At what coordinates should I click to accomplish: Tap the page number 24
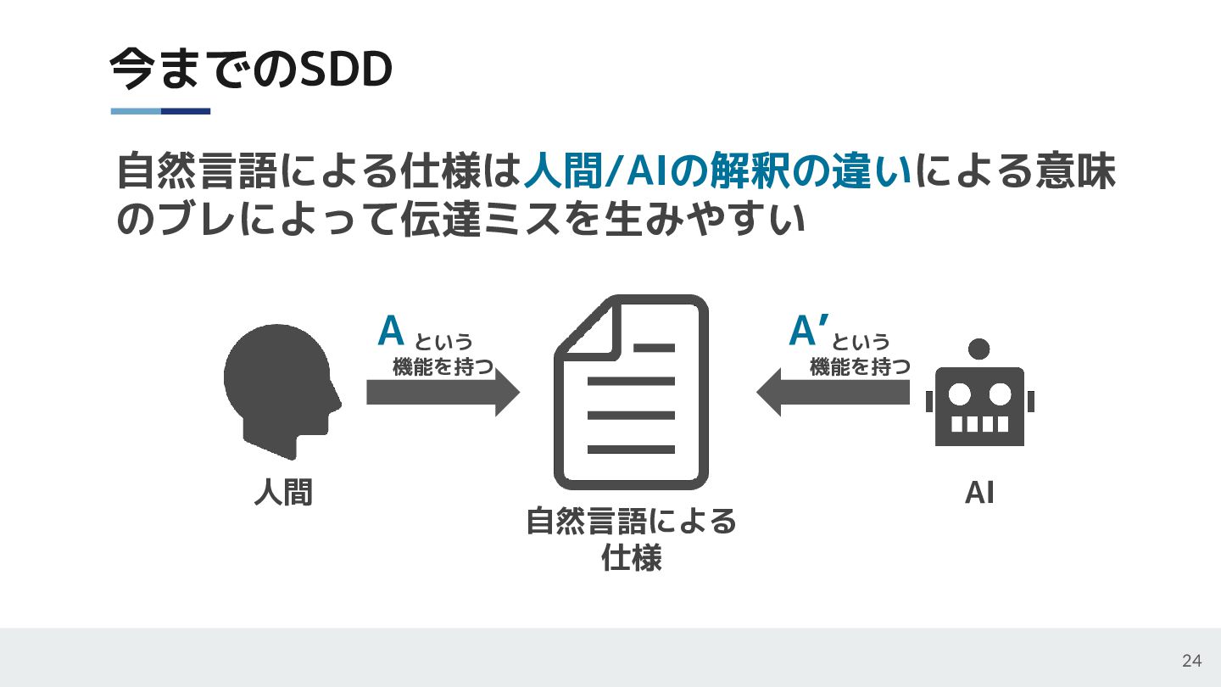1191,662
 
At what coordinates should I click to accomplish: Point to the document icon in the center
631,392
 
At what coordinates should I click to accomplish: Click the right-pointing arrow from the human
442,393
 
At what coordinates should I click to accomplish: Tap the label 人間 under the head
283,492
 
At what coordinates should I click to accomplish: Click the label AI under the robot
979,493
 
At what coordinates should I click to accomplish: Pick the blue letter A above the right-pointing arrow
391,332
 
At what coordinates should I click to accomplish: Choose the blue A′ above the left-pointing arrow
807,332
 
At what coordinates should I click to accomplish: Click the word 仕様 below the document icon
631,559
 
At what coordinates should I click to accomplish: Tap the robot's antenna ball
979,349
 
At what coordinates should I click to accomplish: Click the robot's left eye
959,394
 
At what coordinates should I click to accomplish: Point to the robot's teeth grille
979,424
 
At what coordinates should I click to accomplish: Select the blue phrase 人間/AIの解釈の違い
717,173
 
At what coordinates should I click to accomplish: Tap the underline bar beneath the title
160,111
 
